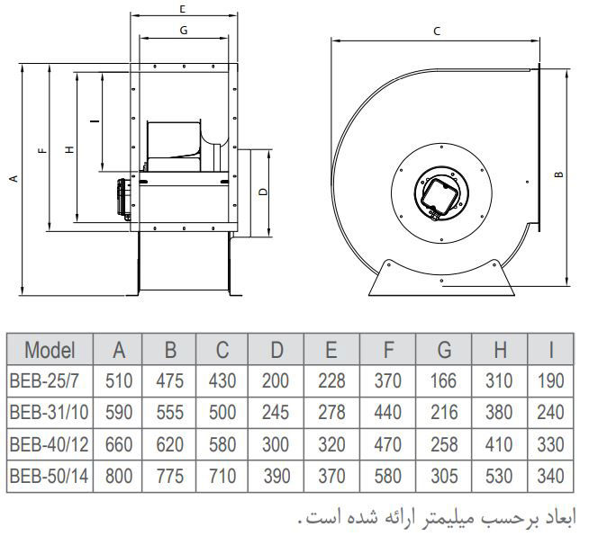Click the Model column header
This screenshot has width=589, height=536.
point(50,350)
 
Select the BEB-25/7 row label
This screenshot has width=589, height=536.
point(50,381)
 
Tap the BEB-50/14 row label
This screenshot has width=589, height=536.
point(50,476)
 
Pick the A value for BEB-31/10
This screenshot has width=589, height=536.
point(119,413)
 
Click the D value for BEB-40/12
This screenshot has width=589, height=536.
point(276,444)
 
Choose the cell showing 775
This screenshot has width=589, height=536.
point(170,476)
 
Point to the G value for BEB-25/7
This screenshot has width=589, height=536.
point(444,381)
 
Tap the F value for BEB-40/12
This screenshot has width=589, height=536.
point(388,444)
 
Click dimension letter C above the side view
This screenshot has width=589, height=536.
point(436,31)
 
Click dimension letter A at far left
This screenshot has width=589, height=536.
point(13,179)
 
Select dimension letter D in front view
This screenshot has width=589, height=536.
point(261,192)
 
